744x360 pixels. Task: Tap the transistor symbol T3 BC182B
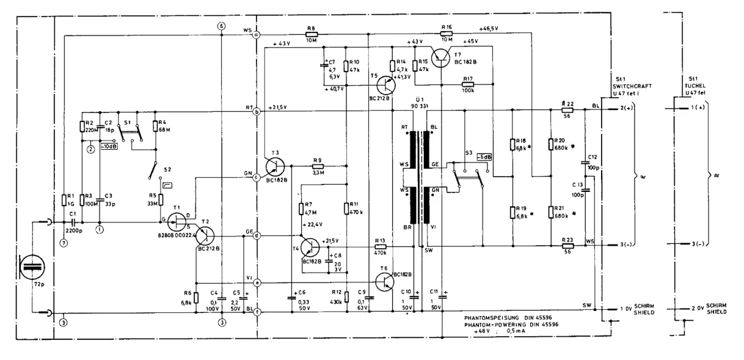(275, 166)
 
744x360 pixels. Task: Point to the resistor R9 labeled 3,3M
(317, 166)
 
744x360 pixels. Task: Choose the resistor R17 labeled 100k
(468, 84)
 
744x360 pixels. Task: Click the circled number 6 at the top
(221, 26)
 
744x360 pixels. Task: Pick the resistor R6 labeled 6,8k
(196, 297)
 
